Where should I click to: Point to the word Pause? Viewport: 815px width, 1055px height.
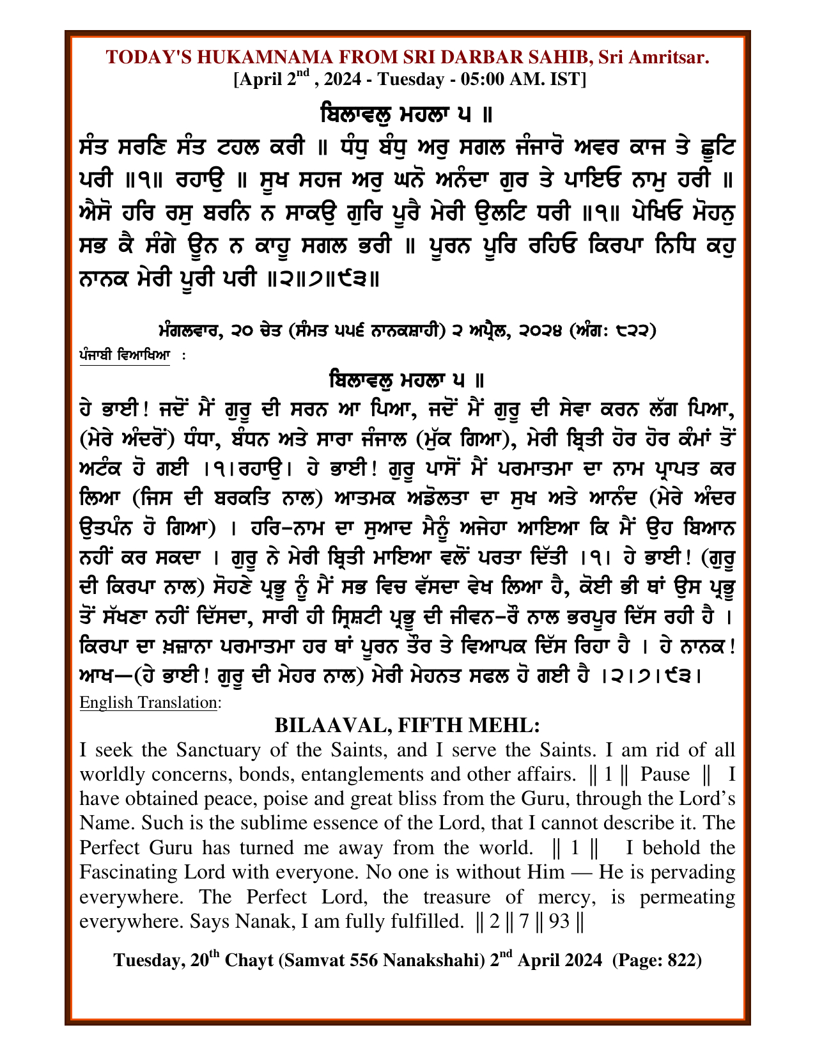point(665,774)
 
